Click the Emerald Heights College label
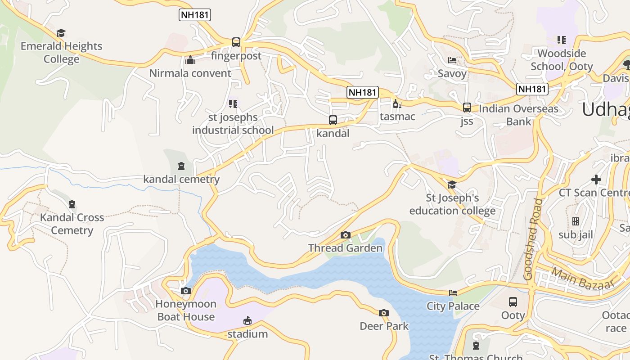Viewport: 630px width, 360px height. (61, 52)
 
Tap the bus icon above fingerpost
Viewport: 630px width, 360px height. (236, 42)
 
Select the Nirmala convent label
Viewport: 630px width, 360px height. (190, 73)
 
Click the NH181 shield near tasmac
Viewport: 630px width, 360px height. (363, 92)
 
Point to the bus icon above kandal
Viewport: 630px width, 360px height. (333, 120)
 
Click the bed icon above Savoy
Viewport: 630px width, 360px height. (452, 60)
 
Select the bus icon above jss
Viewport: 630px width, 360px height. (467, 108)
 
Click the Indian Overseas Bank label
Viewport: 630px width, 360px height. (518, 115)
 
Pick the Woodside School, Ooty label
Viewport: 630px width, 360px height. (562, 60)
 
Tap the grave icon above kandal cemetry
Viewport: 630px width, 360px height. (181, 166)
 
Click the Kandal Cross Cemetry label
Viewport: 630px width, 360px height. (72, 224)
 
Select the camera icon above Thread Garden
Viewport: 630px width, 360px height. (346, 235)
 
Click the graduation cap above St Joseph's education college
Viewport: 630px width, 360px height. (452, 185)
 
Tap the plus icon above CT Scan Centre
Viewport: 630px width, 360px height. (596, 180)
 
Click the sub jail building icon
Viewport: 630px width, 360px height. (576, 221)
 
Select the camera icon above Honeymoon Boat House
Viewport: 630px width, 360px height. (186, 291)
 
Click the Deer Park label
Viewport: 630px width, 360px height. (384, 326)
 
